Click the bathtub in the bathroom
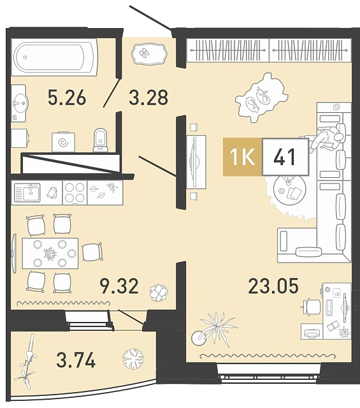(x=54, y=57)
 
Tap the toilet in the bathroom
(x=101, y=140)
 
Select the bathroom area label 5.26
(x=67, y=98)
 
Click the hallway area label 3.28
(x=148, y=98)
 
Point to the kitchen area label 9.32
(x=119, y=286)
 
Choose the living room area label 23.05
(x=273, y=286)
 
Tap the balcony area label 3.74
(x=76, y=360)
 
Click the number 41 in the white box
(x=285, y=157)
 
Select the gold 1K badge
(x=242, y=157)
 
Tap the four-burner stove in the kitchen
(x=75, y=193)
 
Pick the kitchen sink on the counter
(x=27, y=193)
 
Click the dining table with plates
(x=50, y=253)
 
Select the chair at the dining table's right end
(x=92, y=252)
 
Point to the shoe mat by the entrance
(x=148, y=54)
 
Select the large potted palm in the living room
(x=213, y=330)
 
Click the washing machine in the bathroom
(x=63, y=142)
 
